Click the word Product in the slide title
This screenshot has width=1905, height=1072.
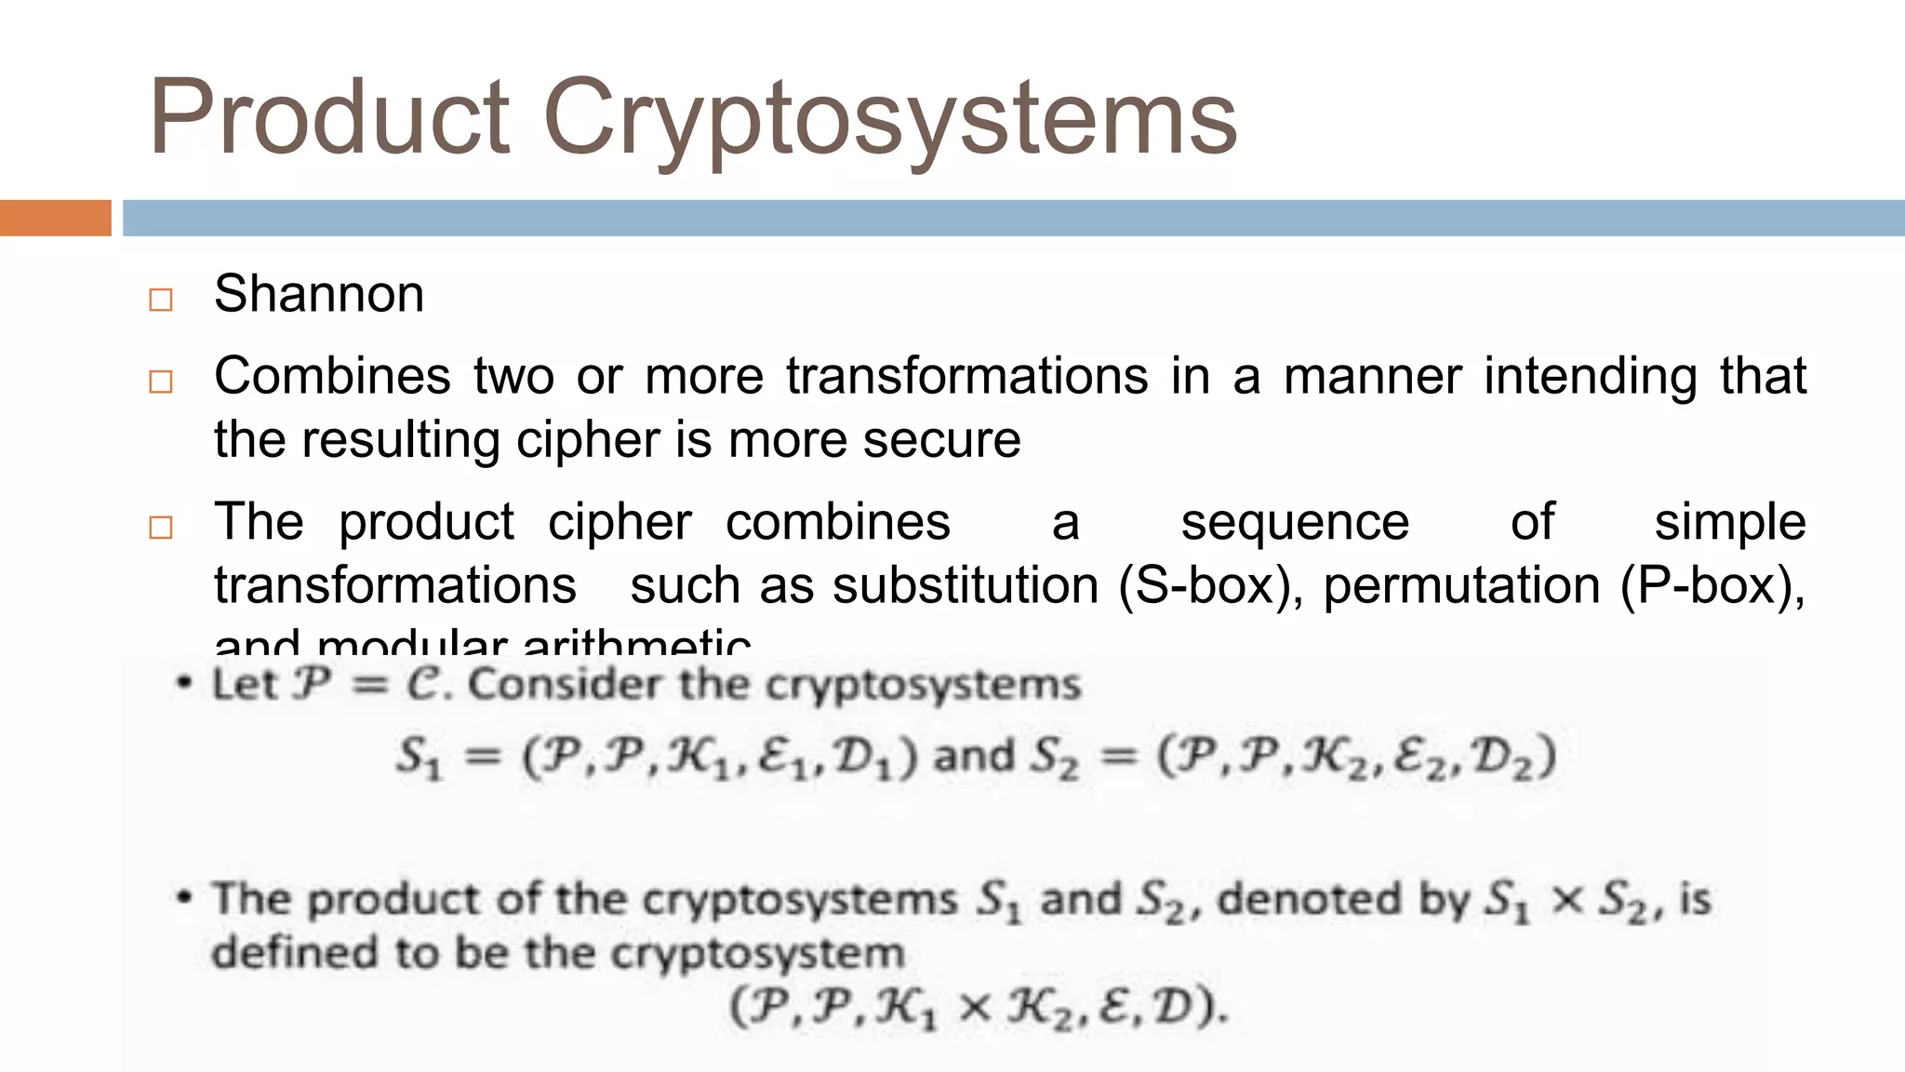point(329,117)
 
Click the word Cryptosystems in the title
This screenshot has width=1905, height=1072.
point(889,119)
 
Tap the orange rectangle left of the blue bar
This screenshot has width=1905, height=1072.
point(55,218)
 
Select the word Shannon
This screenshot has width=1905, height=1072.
point(319,294)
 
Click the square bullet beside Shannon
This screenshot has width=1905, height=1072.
point(161,300)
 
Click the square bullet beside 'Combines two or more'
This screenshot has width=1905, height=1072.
point(161,382)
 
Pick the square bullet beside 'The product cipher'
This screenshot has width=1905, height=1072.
point(161,528)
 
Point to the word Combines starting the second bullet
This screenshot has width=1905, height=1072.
point(332,376)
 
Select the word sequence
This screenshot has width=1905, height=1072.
point(1295,521)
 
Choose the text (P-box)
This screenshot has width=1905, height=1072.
point(1712,585)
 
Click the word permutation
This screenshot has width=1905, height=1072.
point(1462,585)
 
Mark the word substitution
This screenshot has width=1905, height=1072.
point(966,585)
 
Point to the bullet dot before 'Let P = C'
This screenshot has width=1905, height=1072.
point(185,684)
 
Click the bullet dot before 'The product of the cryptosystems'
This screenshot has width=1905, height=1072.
point(185,898)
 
